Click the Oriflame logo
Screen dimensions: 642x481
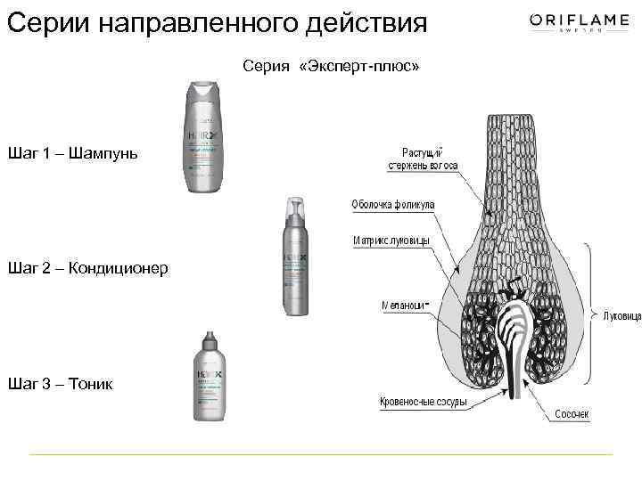572,23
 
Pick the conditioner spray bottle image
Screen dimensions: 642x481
297,258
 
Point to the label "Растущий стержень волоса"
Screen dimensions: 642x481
423,158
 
